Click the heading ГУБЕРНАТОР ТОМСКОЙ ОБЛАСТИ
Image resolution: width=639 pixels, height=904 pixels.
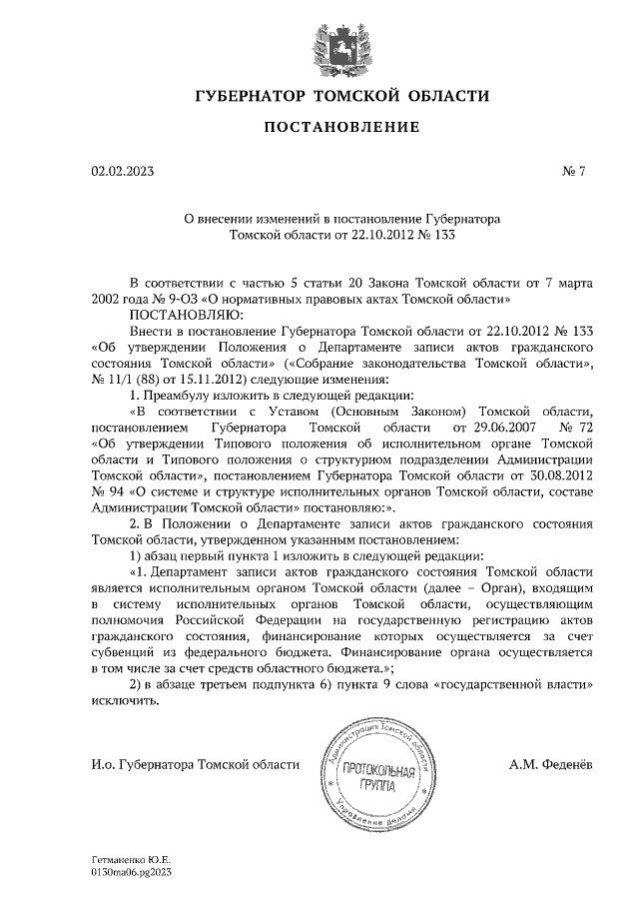tap(342, 97)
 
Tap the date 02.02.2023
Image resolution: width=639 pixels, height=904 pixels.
tap(122, 171)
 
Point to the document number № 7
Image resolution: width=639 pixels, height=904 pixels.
tap(573, 171)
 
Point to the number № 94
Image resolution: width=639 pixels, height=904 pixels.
tap(107, 491)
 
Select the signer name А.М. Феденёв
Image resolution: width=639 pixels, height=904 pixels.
tap(549, 764)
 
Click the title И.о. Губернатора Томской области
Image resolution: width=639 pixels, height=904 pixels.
tap(194, 764)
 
